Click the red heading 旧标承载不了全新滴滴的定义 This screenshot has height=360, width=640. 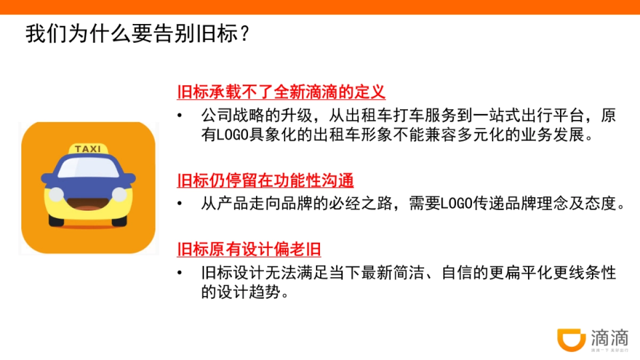coord(281,92)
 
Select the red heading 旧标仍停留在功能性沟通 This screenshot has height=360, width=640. coord(265,180)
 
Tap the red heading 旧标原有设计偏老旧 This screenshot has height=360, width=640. coord(249,249)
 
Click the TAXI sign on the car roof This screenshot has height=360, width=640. coord(88,149)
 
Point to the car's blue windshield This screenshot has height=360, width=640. coord(88,168)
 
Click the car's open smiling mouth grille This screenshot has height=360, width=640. coord(88,202)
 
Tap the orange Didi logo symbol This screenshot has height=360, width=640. coord(571,339)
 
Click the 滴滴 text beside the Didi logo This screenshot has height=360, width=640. coord(610,337)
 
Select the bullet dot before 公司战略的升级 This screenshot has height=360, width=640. coord(181,116)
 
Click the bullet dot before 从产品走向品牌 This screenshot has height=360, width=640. coord(181,204)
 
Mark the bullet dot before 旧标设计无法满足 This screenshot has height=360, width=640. coord(181,273)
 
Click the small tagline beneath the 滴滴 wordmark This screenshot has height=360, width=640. coord(610,350)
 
